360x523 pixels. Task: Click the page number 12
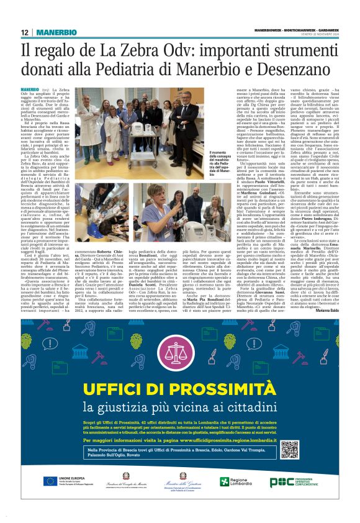(24, 32)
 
